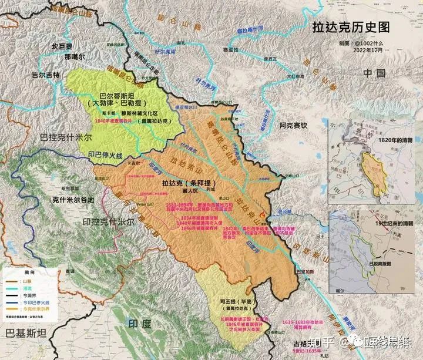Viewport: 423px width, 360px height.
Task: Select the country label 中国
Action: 374,73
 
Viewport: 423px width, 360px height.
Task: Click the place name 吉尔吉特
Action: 46,75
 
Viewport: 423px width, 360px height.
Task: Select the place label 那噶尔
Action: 75,58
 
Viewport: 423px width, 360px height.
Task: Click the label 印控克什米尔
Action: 108,223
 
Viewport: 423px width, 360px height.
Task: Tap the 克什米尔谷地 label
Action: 70,200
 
